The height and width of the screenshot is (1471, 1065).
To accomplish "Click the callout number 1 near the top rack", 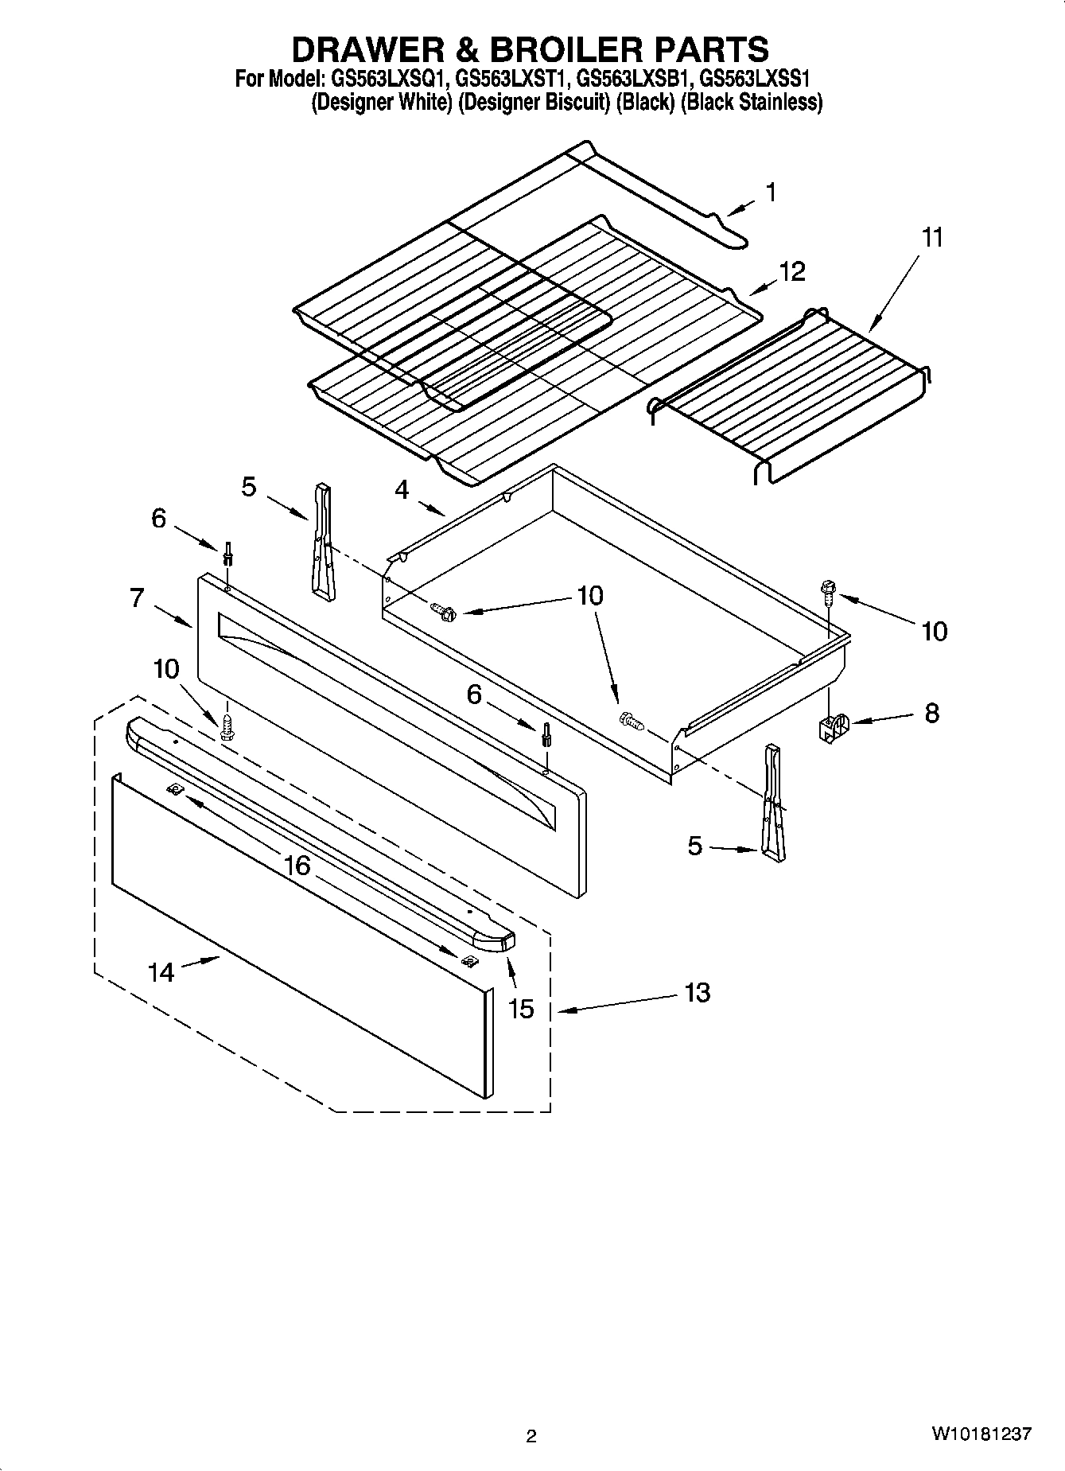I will point(771,192).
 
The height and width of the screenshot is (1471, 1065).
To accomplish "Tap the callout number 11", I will point(932,237).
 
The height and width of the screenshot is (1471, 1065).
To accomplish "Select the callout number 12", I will point(792,271).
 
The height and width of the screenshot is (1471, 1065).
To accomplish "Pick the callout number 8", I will point(931,712).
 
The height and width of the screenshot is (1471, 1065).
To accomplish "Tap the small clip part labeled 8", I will point(830,726).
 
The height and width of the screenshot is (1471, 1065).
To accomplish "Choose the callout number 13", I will point(697,992).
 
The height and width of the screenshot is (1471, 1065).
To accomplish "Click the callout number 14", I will point(161,971).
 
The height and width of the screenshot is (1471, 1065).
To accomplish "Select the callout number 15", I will point(521,1009).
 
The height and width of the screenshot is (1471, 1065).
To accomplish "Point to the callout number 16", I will point(297,865).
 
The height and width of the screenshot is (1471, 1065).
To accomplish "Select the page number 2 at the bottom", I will point(531,1436).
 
